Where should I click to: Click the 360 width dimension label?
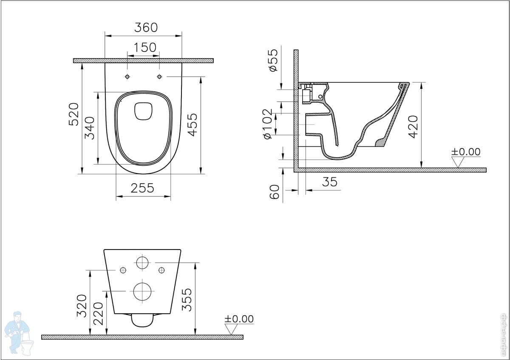[x=146, y=28]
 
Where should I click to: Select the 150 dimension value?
[x=145, y=48]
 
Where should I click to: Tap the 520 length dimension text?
[x=74, y=114]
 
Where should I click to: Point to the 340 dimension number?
[x=90, y=128]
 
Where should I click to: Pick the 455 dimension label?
[x=193, y=125]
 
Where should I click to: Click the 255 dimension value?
[x=142, y=188]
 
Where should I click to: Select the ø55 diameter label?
[x=273, y=60]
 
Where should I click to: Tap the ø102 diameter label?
[x=267, y=124]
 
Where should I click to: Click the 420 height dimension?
[x=413, y=127]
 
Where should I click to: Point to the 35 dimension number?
[x=330, y=182]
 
